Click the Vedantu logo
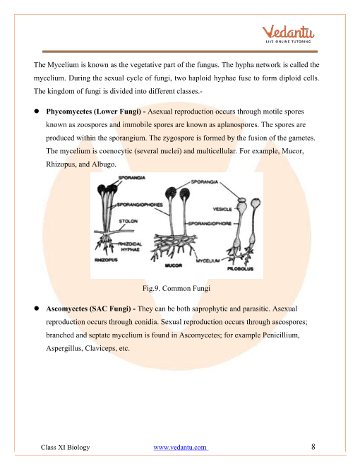tap(288, 35)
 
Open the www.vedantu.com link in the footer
tap(181, 447)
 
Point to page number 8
tap(313, 447)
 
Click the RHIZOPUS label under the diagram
tap(106, 260)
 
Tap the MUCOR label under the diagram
tap(174, 265)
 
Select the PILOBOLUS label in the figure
tap(240, 269)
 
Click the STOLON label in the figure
tap(128, 222)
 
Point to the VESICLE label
tap(222, 209)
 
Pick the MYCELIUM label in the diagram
tap(208, 261)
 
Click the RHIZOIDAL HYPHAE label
tap(130, 246)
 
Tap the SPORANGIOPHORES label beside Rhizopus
tap(140, 205)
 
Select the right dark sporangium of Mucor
tap(184, 193)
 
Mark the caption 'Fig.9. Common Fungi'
tap(176, 288)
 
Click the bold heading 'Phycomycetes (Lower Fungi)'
tap(93, 112)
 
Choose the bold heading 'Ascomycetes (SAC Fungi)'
tap(88, 309)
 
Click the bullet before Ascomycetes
tap(37, 309)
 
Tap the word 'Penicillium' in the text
tap(281, 335)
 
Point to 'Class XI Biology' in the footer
tap(65, 447)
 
